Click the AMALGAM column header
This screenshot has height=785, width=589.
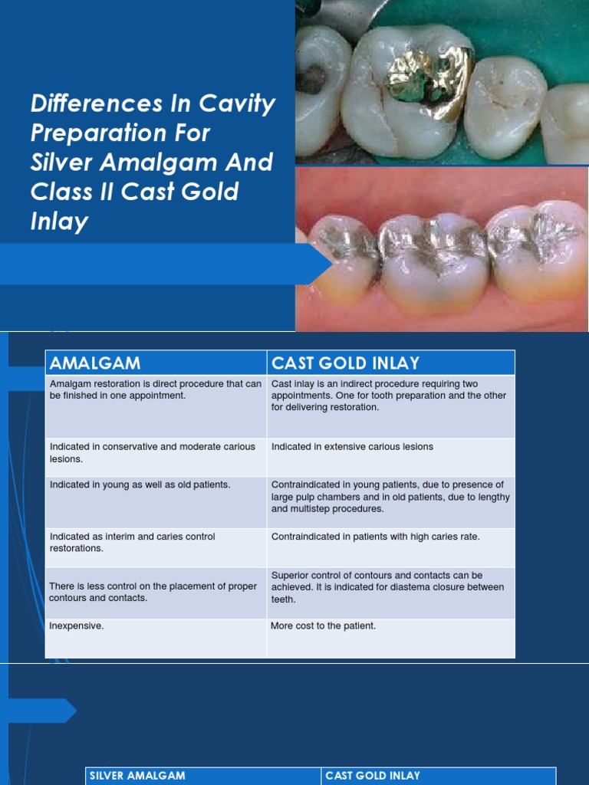point(95,363)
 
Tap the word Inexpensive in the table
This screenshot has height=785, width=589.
point(77,626)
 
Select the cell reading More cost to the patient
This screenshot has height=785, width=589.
point(323,626)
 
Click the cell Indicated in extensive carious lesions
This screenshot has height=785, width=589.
point(352,446)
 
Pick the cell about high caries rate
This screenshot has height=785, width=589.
point(375,537)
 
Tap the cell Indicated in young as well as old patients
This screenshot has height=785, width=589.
point(140,484)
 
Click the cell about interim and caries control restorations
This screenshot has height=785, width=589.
point(132,543)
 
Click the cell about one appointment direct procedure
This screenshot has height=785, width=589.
point(155,389)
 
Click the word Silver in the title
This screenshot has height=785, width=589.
point(64,162)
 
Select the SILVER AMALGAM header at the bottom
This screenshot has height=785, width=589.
point(137,776)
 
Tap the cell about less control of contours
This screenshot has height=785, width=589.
point(153,592)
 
